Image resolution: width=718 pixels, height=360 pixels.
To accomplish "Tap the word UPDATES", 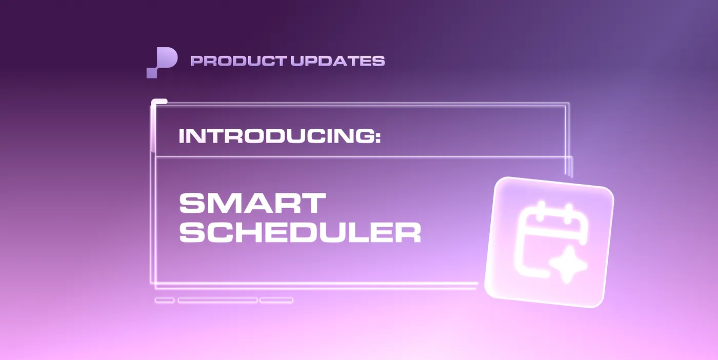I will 338,61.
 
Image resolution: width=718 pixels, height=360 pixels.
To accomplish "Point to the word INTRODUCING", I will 273,136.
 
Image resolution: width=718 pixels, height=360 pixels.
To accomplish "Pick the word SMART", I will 252,204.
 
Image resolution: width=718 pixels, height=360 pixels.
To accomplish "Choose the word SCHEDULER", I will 300,233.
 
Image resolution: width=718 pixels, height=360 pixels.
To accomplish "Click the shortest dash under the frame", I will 165,300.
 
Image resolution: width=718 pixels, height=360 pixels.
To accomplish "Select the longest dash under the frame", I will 217,300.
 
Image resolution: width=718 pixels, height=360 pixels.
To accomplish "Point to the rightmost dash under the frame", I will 276,300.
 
